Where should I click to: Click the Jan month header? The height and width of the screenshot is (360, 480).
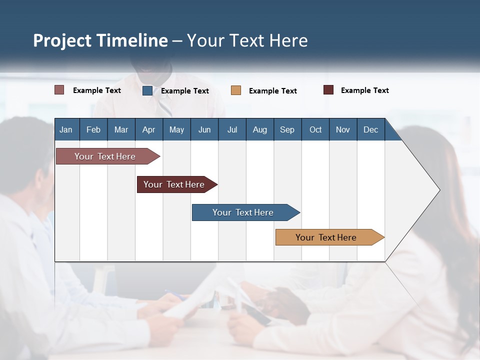coord(66,129)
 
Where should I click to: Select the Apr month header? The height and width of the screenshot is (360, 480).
coord(149,129)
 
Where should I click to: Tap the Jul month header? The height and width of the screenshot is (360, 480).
coord(232,129)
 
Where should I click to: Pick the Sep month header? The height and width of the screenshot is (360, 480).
coord(287,129)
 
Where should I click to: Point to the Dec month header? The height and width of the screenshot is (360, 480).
coord(370,129)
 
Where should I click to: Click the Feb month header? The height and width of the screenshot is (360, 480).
coord(93,129)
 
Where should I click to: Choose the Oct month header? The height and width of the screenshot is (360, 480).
coord(315,129)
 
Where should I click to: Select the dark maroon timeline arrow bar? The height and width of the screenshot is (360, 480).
coord(175,184)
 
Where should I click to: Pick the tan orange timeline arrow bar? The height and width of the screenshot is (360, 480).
coord(327,237)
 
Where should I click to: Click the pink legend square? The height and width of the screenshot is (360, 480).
coord(59,90)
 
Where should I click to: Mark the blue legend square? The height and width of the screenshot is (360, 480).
coord(147,90)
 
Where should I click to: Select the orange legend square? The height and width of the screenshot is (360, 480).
coord(236,90)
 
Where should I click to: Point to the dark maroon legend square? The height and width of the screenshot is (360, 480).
coord(328,90)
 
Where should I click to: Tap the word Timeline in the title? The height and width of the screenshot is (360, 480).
coord(132,40)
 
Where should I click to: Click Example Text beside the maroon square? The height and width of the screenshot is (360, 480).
coord(364,90)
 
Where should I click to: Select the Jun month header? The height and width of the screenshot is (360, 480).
coord(204,129)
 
